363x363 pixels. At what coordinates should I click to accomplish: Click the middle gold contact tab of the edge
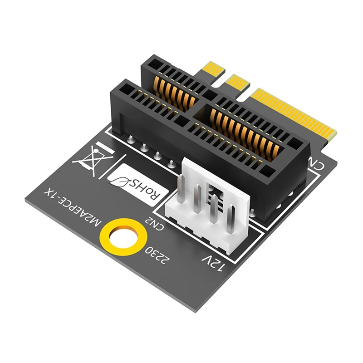pyautogui.click(x=237, y=81)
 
